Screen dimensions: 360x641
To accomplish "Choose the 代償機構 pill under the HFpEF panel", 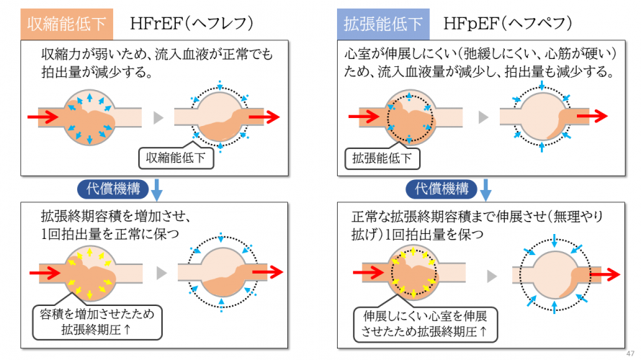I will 441,189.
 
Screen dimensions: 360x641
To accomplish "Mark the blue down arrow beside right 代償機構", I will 485,190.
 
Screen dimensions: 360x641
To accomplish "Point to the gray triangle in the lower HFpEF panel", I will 492,276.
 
